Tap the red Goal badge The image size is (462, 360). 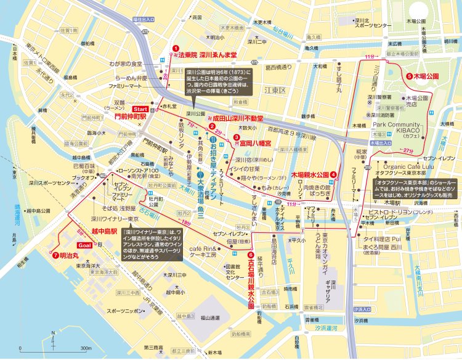(x=86, y=245)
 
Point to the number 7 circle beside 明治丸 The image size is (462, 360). (x=55, y=255)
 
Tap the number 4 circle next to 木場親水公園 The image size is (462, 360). (x=333, y=174)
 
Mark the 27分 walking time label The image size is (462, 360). (x=407, y=150)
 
